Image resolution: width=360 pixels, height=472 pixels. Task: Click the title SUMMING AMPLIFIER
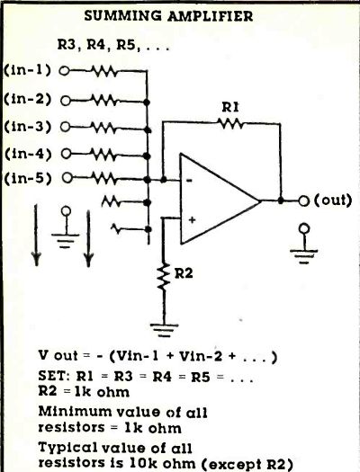[x=168, y=16]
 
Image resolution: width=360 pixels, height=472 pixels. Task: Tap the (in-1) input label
[x=27, y=70]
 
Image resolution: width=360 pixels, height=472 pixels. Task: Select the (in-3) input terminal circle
[x=65, y=127]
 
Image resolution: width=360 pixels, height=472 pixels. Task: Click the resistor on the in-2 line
[x=103, y=100]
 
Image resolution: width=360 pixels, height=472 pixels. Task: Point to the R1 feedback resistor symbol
[x=230, y=123]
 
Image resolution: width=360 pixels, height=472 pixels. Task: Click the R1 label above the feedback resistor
[x=230, y=107]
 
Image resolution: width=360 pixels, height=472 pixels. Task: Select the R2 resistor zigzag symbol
[x=163, y=276]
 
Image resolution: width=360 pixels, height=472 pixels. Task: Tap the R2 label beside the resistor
[x=184, y=273]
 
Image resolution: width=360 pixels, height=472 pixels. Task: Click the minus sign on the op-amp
[x=189, y=181]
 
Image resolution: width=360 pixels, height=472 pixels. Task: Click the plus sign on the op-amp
[x=192, y=219]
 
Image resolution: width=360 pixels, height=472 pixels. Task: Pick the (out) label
[x=333, y=200]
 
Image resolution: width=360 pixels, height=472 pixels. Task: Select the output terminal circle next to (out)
[x=304, y=200]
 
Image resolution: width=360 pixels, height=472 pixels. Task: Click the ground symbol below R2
[x=164, y=330]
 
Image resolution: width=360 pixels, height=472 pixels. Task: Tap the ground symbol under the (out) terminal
[x=304, y=244]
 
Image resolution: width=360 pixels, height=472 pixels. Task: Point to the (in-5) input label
[x=28, y=179]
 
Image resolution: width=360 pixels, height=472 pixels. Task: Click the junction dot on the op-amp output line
[x=281, y=200]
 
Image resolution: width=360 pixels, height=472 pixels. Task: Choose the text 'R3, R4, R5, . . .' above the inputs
[x=113, y=46]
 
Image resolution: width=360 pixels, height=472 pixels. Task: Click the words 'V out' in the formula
[x=58, y=356]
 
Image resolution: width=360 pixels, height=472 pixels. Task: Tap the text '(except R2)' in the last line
[x=247, y=465]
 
